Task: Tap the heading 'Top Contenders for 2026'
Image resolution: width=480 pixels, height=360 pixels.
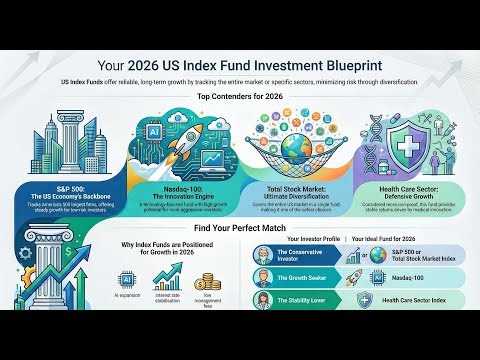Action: (x=240, y=97)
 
